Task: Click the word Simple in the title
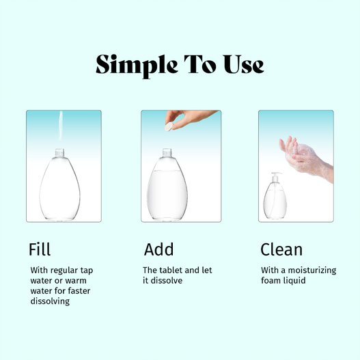pyautogui.click(x=137, y=66)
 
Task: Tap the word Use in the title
pyautogui.click(x=244, y=64)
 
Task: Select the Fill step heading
pyautogui.click(x=40, y=249)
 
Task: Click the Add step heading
pyautogui.click(x=158, y=249)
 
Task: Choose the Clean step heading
pyautogui.click(x=281, y=249)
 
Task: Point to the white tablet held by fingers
pyautogui.click(x=169, y=127)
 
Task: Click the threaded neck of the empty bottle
pyautogui.click(x=59, y=153)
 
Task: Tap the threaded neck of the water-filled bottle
pyautogui.click(x=167, y=153)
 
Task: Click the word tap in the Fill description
pyautogui.click(x=86, y=271)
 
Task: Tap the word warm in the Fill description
pyautogui.click(x=76, y=281)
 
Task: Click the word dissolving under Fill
pyautogui.click(x=50, y=301)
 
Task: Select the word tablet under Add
pyautogui.click(x=171, y=271)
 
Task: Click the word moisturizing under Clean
pyautogui.click(x=312, y=271)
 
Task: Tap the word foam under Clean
pyautogui.click(x=271, y=281)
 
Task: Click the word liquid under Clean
pyautogui.click(x=294, y=281)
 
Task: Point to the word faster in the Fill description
pyautogui.click(x=79, y=290)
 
